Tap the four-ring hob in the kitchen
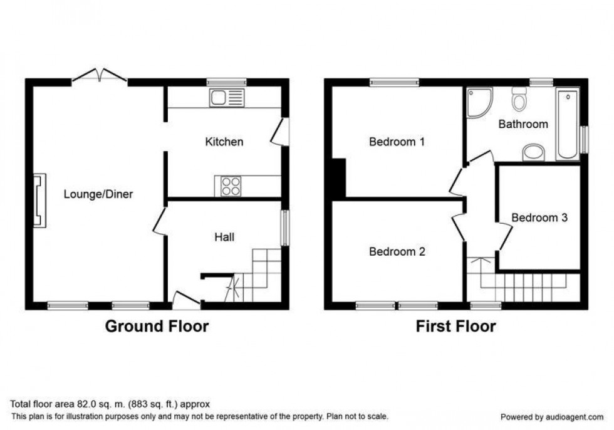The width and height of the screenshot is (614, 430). (x=230, y=186)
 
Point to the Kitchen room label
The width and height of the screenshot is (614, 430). (x=224, y=142)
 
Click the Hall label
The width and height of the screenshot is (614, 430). (x=224, y=237)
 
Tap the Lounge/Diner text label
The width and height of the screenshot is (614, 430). (x=98, y=194)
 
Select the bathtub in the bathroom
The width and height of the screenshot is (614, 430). (x=568, y=124)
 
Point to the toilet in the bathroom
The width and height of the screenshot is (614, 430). (x=519, y=99)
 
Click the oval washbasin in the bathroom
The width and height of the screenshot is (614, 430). (x=534, y=151)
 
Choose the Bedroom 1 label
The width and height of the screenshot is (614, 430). (x=397, y=142)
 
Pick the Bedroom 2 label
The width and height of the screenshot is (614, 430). (x=397, y=252)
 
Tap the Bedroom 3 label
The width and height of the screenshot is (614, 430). (x=539, y=218)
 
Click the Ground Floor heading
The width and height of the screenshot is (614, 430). (x=156, y=326)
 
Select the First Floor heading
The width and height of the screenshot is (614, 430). (x=455, y=326)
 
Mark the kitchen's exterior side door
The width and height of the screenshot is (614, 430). (x=278, y=132)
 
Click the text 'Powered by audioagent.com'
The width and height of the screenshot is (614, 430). (x=553, y=417)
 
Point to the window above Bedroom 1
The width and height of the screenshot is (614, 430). (x=394, y=81)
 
